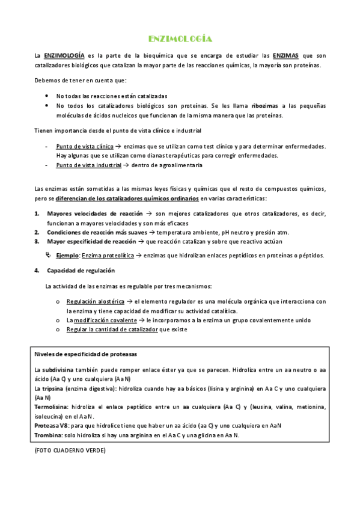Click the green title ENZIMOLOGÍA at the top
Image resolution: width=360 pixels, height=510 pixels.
click(180, 39)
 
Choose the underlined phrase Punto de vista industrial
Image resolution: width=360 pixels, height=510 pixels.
click(88, 165)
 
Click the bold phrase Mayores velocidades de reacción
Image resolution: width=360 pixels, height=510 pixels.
click(94, 214)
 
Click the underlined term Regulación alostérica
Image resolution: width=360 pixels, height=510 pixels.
click(95, 301)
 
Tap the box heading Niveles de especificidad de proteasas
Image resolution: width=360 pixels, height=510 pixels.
click(86, 354)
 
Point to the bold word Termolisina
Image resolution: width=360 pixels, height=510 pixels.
click(52, 407)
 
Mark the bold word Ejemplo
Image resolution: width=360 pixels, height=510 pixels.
click(68, 256)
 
